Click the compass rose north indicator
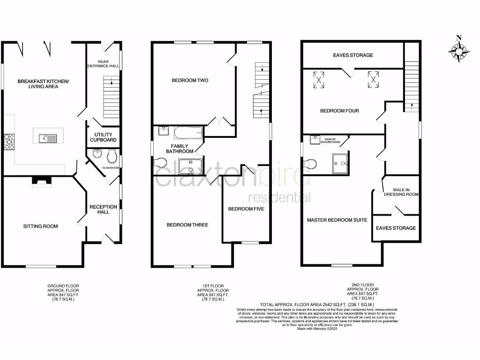point(458,50)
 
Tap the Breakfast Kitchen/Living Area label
point(43,84)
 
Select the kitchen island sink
point(47,138)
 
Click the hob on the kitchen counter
point(9,142)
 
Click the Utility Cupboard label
point(103,137)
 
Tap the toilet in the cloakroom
point(112,155)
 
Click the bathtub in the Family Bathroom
point(188,133)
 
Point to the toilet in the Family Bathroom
point(160,163)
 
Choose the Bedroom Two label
point(190,81)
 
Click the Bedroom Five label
point(246,209)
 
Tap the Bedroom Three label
point(187,225)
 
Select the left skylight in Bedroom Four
point(320,79)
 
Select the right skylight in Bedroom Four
point(373,79)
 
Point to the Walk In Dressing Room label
point(401,192)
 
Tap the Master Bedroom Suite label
point(337,220)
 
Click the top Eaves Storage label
point(353,55)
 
